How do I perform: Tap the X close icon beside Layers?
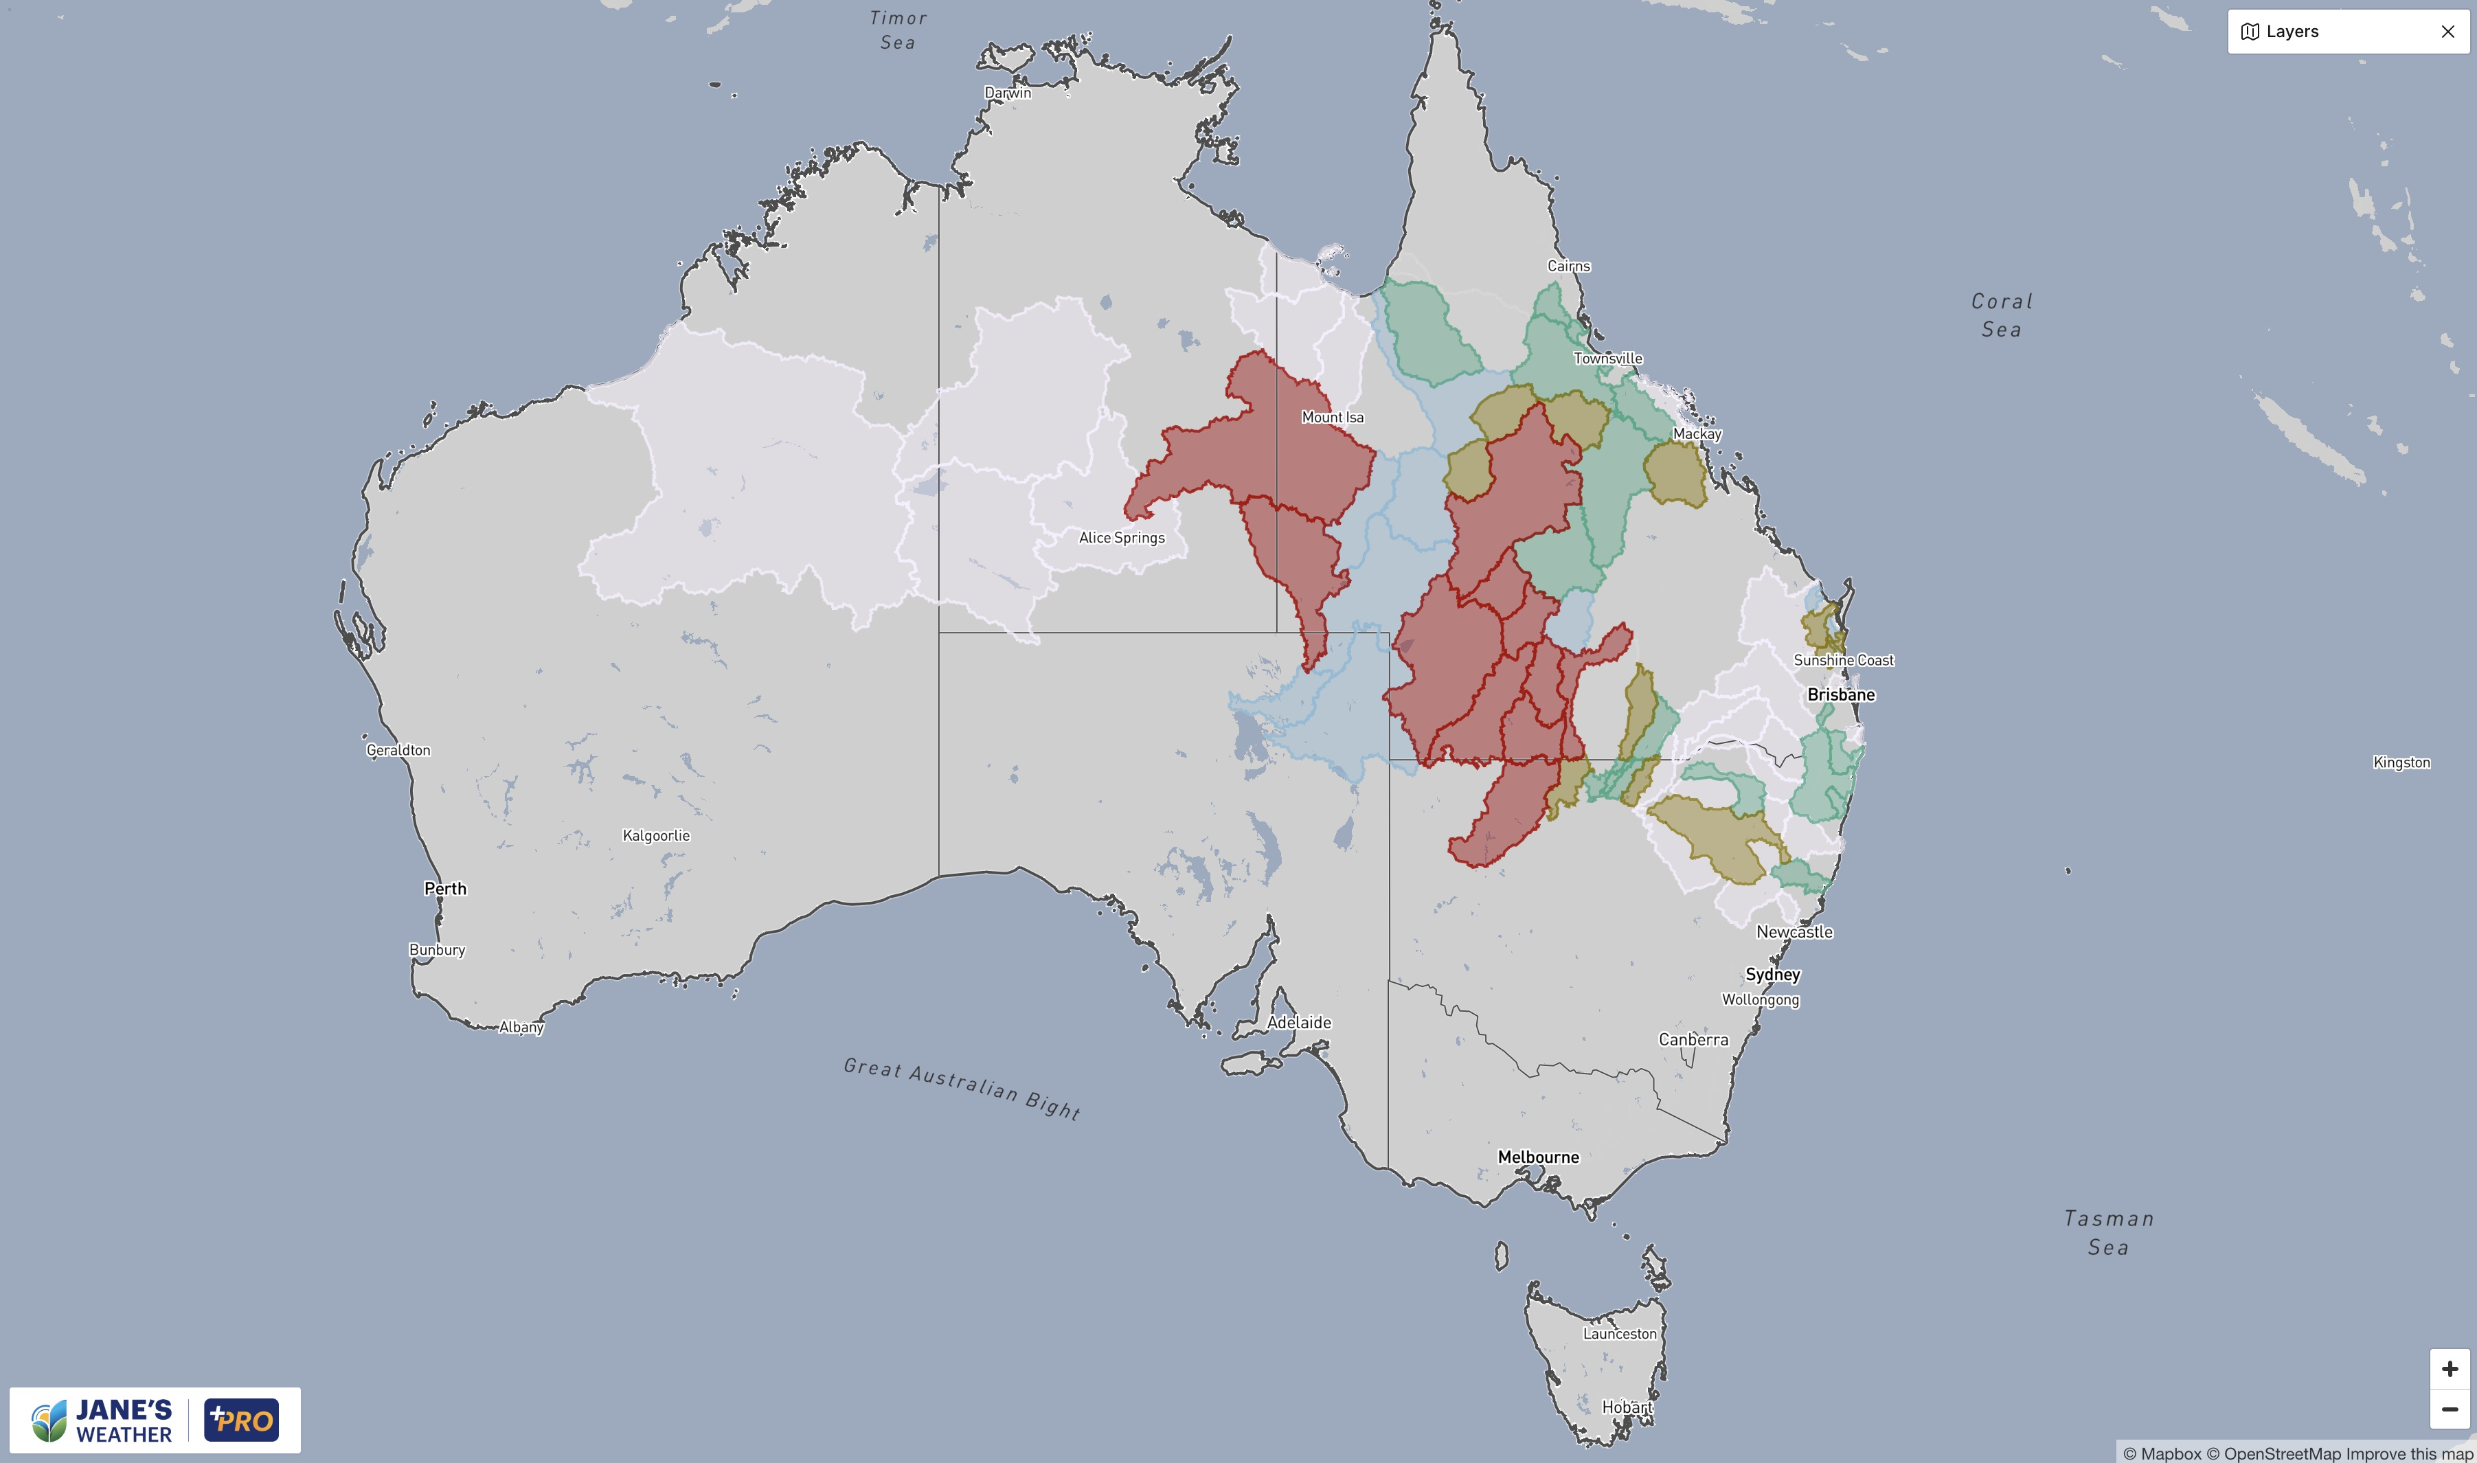(2447, 32)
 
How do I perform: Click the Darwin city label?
(1008, 93)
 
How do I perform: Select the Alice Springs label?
(1122, 537)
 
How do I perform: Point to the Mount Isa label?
(1333, 417)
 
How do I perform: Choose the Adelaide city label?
(1299, 1022)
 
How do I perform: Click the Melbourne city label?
(1538, 1157)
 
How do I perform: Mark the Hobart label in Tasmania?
(1627, 1407)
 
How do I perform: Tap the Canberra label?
(1693, 1039)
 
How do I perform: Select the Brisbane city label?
(1840, 694)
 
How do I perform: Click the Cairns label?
(1568, 266)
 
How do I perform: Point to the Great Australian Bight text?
(962, 1087)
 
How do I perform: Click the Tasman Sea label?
(2108, 1232)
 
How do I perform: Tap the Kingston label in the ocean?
(2401, 762)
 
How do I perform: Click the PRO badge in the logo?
(242, 1420)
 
